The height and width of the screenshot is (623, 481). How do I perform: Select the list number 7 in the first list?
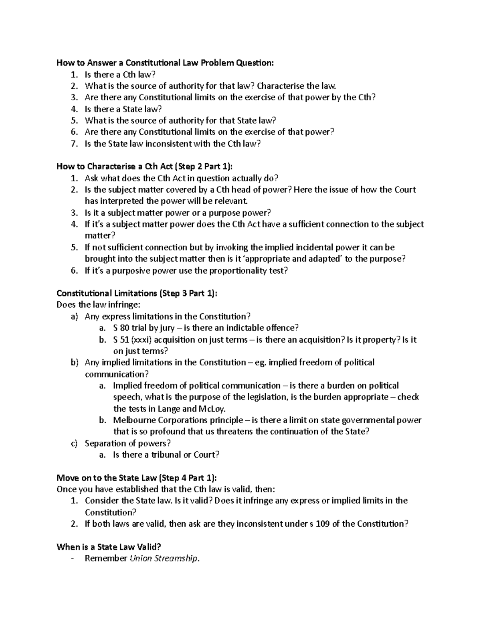73,144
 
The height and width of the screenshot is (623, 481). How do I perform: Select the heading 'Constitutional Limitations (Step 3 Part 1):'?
137,293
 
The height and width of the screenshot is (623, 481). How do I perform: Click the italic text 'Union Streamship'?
164,558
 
